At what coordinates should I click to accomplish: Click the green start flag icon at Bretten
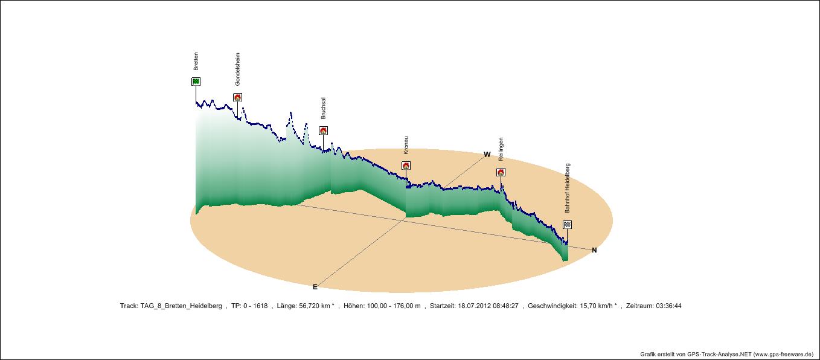pyautogui.click(x=196, y=82)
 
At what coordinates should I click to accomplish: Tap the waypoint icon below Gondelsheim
pyautogui.click(x=237, y=97)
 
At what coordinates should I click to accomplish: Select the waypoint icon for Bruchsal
pyautogui.click(x=323, y=130)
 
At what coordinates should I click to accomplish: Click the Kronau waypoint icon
pyautogui.click(x=406, y=166)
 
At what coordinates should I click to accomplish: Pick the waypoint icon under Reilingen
pyautogui.click(x=501, y=172)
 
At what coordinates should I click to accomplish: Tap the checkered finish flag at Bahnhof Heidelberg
pyautogui.click(x=567, y=225)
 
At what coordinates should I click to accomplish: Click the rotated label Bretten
pyautogui.click(x=196, y=62)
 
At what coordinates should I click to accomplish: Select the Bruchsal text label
pyautogui.click(x=323, y=108)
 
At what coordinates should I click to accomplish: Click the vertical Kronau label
pyautogui.click(x=406, y=147)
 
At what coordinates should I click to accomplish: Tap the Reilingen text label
pyautogui.click(x=501, y=149)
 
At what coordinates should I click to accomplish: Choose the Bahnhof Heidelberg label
pyautogui.click(x=567, y=188)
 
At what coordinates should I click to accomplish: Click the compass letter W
pyautogui.click(x=487, y=155)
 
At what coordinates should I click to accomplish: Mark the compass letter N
pyautogui.click(x=594, y=250)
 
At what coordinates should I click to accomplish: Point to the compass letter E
pyautogui.click(x=315, y=287)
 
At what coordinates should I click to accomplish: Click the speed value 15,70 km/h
pyautogui.click(x=595, y=306)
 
